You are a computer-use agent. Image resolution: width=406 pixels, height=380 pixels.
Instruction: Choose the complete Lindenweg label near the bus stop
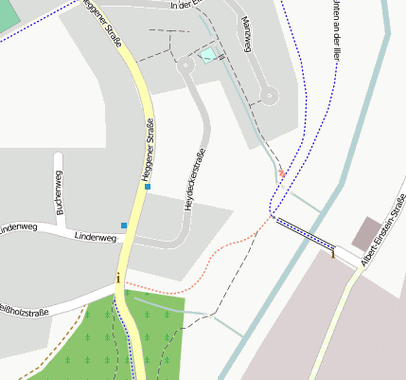pos(94,235)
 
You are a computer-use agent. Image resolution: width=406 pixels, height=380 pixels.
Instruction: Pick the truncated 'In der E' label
pos(186,6)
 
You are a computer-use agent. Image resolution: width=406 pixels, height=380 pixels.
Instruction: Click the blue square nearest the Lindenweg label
pos(124,226)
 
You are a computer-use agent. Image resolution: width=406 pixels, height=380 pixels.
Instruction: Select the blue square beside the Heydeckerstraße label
pos(148,187)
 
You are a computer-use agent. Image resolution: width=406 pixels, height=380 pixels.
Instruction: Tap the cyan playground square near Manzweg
pos(208,55)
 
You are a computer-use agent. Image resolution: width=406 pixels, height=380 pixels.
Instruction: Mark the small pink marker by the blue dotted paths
pos(281,173)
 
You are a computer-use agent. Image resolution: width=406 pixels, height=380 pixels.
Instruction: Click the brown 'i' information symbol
pos(117,278)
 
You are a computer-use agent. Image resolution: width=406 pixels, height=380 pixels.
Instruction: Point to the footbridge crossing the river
pos(303,233)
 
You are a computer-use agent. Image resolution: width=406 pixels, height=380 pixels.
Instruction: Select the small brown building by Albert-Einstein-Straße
pos(366,232)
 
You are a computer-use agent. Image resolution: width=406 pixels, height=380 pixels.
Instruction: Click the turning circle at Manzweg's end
pos(271,95)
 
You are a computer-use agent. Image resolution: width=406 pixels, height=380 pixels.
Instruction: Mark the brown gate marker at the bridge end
pos(333,251)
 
